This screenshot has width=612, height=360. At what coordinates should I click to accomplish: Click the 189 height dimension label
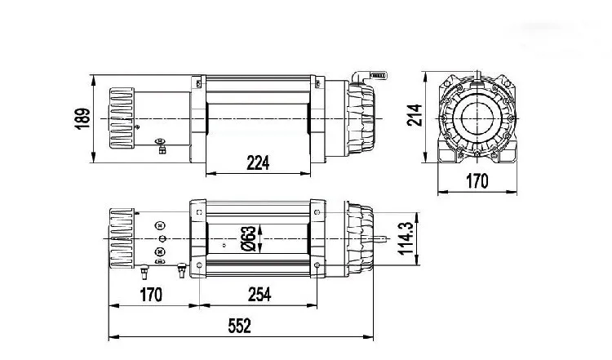82,118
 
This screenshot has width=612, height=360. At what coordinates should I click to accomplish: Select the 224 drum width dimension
258,162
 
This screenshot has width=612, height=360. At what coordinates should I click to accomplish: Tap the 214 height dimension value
415,115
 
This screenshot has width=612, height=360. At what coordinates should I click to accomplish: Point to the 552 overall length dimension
240,326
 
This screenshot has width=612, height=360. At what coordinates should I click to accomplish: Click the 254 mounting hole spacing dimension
259,295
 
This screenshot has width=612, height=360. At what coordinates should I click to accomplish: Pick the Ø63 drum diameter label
249,238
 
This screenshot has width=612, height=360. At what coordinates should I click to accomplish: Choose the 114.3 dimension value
406,238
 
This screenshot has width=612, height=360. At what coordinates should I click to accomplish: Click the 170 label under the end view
477,181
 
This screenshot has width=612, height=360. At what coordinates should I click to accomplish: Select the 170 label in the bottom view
151,295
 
